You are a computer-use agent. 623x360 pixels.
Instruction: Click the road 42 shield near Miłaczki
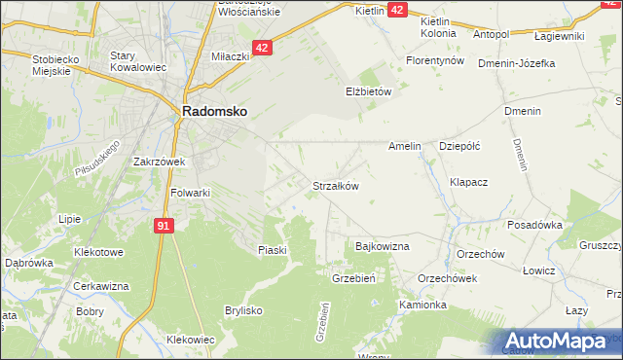262,47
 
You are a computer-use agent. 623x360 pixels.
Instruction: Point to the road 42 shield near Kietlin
397,9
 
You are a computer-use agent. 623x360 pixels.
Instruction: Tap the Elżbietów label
367,91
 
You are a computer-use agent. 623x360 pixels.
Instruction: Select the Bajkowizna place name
383,247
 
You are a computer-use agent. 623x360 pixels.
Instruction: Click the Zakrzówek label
160,162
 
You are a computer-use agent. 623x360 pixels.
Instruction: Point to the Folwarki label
190,193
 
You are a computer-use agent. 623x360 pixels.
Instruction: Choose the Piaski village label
273,250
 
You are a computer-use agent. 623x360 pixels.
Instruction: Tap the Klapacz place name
468,182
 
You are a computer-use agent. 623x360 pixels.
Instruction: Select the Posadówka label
535,224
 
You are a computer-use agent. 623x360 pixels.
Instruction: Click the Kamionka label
422,305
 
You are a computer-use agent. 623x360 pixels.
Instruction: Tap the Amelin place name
404,146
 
